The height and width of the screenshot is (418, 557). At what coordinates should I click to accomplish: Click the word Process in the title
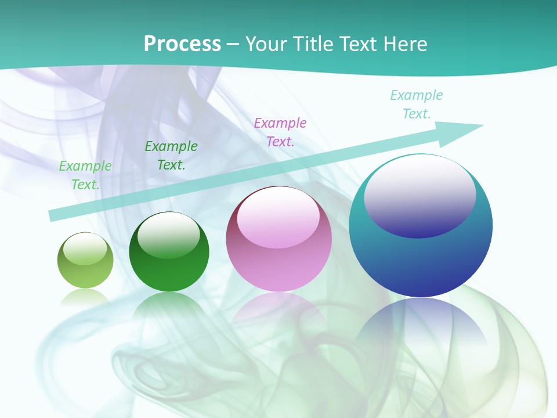coord(182,44)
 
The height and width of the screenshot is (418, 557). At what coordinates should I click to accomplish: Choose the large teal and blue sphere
coord(421,255)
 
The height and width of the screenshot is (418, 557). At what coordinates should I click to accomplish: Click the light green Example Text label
coord(85,175)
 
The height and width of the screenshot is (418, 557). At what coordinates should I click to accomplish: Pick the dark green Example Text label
coord(171,155)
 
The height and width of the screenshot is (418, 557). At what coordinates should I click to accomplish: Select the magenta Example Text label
coord(280,132)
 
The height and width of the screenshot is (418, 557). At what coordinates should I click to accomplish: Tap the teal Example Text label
coord(417,104)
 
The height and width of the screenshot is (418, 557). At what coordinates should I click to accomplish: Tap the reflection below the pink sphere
coord(278,308)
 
